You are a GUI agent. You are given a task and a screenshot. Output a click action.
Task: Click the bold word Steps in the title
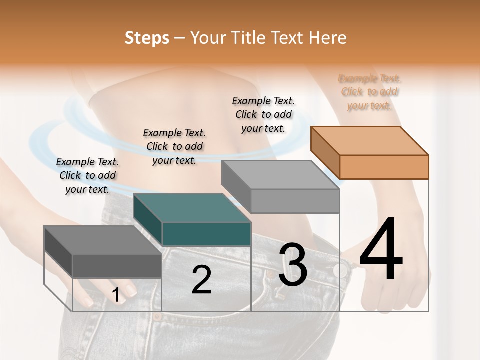[147, 38]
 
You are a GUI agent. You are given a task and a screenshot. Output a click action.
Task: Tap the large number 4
[381, 249]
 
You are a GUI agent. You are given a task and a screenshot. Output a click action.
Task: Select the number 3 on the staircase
[293, 265]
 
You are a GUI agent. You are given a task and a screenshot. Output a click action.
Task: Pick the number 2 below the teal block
[201, 280]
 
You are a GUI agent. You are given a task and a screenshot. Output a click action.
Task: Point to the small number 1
[116, 295]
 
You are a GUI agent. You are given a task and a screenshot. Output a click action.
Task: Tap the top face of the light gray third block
[280, 175]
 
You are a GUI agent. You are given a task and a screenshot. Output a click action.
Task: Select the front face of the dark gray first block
[117, 266]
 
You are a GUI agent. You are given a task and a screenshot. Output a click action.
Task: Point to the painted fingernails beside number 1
[131, 290]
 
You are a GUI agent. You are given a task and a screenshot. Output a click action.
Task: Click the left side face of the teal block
[148, 220]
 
